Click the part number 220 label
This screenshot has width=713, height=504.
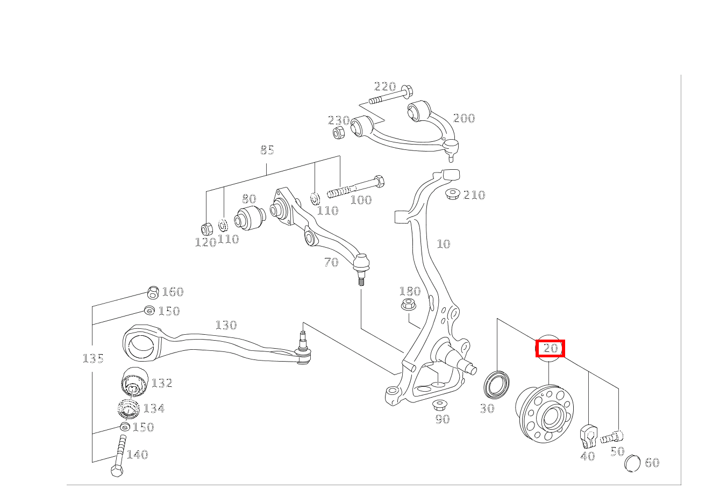(x=385, y=87)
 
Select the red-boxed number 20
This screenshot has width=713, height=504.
(x=551, y=348)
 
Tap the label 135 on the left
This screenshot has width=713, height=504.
(x=93, y=359)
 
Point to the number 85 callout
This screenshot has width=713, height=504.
(x=267, y=150)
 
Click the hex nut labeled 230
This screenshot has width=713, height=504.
(x=338, y=132)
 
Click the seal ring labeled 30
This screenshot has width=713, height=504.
(x=496, y=384)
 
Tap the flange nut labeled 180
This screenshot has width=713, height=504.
(x=408, y=304)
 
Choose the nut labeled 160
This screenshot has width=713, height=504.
(x=153, y=292)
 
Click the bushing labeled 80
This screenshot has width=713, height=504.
(x=249, y=218)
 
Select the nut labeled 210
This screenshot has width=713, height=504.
(x=453, y=194)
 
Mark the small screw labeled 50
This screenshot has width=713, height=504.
(x=612, y=437)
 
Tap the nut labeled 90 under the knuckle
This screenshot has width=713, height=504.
(x=440, y=406)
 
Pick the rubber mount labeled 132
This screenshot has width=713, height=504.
(x=134, y=382)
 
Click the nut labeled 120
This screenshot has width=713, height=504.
(x=207, y=229)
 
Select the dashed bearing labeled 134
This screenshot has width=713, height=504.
(x=129, y=408)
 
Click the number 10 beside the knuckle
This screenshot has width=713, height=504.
(x=444, y=244)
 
